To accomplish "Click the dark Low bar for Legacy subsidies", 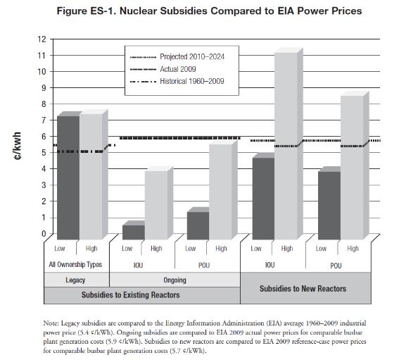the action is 68,178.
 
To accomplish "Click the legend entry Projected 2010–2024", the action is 177,57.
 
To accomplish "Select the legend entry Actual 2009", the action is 163,69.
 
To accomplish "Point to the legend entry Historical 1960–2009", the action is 177,81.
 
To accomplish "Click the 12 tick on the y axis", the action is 42,39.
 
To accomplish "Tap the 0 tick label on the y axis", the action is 44,234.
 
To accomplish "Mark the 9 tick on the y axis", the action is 44,88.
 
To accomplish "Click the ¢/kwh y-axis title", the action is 18,146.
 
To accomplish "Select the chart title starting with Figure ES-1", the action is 209,11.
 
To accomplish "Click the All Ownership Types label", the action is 75,264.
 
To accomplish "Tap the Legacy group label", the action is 75,280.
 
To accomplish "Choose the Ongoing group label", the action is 175,280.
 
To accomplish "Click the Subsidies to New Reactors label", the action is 303,288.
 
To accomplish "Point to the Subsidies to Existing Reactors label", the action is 131,294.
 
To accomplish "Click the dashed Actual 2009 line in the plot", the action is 180,138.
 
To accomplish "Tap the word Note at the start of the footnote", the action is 51,323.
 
